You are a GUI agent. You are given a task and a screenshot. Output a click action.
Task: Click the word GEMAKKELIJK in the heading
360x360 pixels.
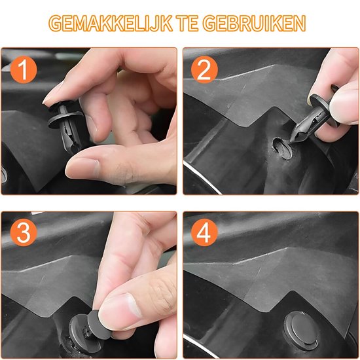click(111, 23)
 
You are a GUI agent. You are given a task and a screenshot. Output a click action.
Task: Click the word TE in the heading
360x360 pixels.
click(188, 23)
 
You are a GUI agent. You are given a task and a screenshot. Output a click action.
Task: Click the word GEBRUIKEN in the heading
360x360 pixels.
click(254, 23)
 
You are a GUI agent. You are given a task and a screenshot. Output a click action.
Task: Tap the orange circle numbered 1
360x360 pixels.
click(24, 69)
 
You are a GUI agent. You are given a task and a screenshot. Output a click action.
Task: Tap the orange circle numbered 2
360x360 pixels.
click(204, 69)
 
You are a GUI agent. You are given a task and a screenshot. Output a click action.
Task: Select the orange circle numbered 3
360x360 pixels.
click(24, 232)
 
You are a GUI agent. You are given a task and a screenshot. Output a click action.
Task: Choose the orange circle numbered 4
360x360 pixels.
click(204, 232)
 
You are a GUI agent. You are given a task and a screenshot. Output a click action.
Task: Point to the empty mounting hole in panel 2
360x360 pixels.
click(282, 148)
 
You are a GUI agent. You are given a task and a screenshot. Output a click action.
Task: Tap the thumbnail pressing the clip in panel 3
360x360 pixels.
click(119, 306)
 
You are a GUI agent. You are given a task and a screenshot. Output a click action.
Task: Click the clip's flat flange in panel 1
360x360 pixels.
click(65, 119)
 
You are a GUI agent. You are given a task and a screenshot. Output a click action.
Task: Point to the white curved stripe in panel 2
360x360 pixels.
click(202, 177)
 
